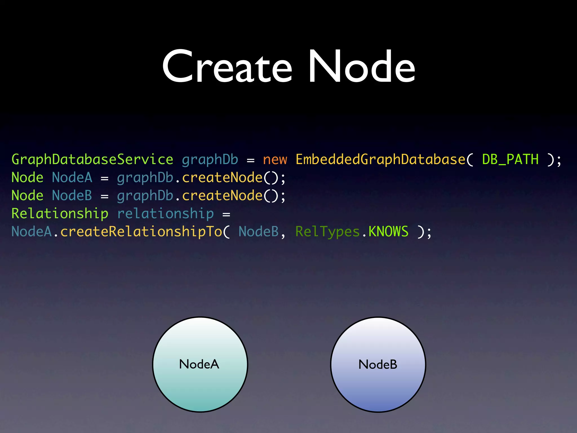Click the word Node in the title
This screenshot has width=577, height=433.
coord(361,67)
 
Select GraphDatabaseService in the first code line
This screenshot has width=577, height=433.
coord(92,160)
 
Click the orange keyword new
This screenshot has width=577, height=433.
coord(275,160)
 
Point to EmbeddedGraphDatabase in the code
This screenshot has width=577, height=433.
coord(380,160)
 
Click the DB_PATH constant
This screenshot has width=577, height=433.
coord(510,160)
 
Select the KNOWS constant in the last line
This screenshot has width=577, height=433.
coord(388,232)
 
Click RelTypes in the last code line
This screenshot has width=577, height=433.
coord(327,232)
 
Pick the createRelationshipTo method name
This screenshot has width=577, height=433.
coord(141,232)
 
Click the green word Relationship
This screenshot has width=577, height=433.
coord(60,214)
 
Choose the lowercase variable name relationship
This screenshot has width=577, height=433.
coord(165,214)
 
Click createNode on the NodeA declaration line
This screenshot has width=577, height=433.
coord(222,178)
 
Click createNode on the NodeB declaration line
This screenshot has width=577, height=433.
coord(222,196)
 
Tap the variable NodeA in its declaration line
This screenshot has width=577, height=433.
coord(72,178)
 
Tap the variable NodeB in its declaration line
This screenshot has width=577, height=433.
coord(72,196)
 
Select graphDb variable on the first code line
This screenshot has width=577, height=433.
coord(210,160)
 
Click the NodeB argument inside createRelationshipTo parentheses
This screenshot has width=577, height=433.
coord(259,232)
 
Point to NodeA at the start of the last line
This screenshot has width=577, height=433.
coord(32,232)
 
